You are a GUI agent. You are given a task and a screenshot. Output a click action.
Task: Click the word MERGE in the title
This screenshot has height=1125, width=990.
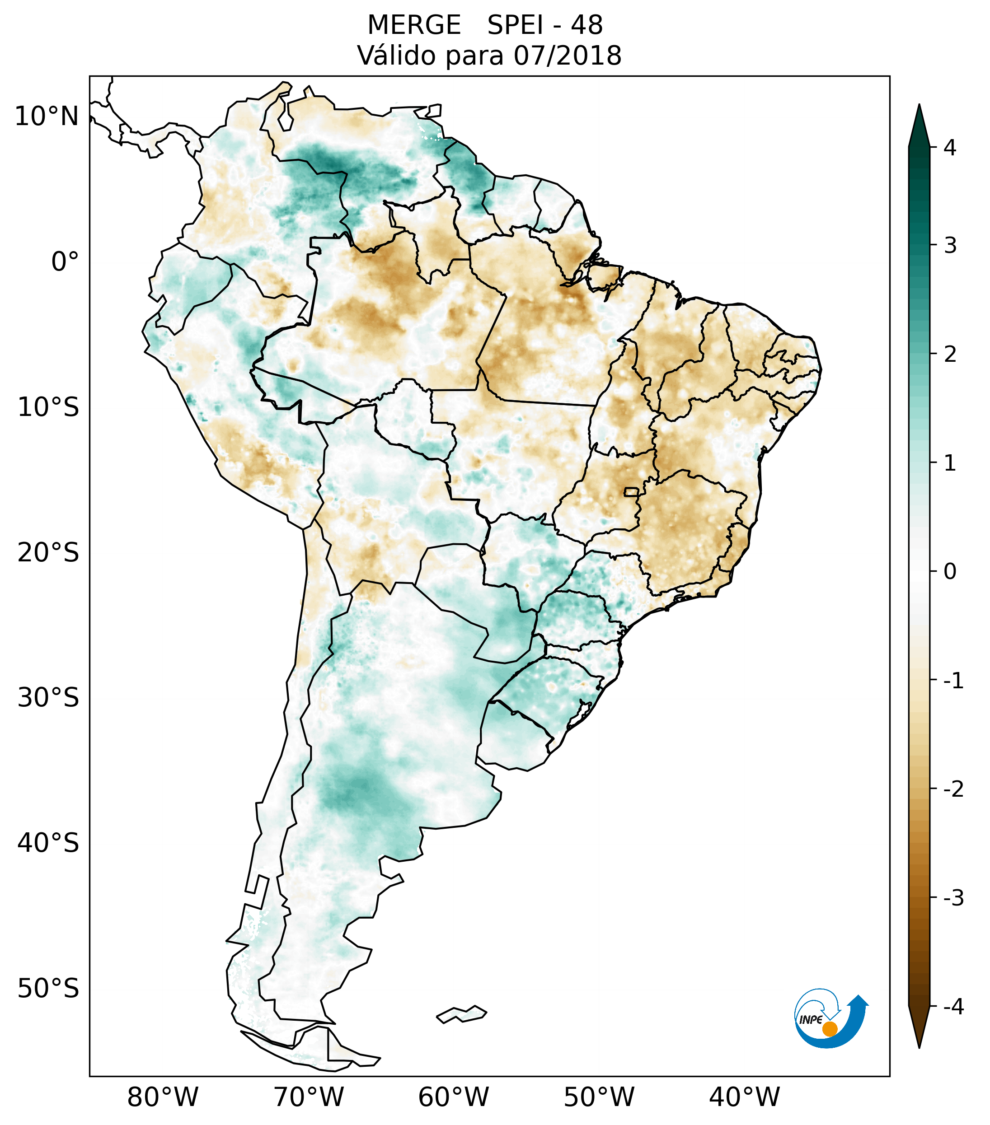coord(413,25)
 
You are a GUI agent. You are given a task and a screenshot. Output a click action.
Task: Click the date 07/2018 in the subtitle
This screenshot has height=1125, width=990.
coord(567,56)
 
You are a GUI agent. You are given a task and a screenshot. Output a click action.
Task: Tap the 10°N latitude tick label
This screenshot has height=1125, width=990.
coord(47,117)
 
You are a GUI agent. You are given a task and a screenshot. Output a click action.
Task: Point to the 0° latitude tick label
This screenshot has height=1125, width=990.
coord(65,262)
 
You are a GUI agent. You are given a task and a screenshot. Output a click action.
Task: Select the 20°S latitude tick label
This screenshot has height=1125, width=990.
coord(48,553)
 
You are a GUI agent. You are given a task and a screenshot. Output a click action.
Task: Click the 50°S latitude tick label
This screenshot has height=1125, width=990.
coord(48,989)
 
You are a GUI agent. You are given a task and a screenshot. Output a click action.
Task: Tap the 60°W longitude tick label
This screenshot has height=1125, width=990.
coord(453,1097)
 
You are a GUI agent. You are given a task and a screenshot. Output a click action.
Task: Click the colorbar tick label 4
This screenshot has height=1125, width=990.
coord(950,148)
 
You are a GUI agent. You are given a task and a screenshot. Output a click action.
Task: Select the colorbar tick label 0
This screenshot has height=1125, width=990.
coord(950,572)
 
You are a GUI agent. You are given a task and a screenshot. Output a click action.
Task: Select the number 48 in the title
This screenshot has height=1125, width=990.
coord(586,25)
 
